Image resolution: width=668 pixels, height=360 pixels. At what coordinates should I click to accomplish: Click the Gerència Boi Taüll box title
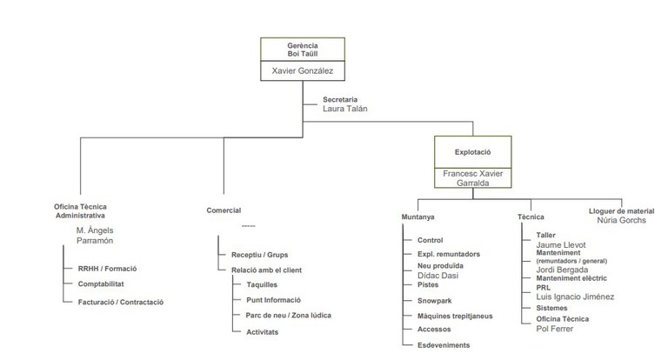click(303, 50)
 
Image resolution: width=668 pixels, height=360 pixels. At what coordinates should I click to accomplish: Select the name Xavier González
click(303, 70)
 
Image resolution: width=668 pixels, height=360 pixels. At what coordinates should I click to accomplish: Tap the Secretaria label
click(340, 99)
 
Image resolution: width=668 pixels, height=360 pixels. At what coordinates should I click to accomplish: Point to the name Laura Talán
click(344, 109)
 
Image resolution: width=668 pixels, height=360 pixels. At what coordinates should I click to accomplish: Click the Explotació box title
click(472, 152)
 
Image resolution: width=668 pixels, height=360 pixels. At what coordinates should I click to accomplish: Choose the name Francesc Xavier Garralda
click(473, 178)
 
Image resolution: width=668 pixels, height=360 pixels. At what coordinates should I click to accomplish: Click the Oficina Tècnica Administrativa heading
click(80, 211)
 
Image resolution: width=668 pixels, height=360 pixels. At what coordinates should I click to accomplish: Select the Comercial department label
click(224, 210)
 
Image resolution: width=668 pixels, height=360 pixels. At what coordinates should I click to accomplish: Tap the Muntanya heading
click(417, 217)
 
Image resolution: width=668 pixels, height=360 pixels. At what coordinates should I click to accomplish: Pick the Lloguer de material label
click(621, 211)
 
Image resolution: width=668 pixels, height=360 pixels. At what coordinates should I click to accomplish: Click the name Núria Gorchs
click(621, 220)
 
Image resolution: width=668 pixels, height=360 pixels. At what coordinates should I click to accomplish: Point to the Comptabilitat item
click(101, 283)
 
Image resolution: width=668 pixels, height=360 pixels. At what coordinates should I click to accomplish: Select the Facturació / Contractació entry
click(121, 302)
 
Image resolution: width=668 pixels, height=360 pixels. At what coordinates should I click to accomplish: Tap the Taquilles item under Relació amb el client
click(262, 284)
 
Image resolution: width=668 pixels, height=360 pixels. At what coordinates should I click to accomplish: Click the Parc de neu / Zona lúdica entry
click(289, 316)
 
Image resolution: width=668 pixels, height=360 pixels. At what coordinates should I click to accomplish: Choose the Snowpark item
click(435, 301)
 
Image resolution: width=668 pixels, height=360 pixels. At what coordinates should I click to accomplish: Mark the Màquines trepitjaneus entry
click(455, 317)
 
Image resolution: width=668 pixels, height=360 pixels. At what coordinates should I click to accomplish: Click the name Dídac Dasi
click(438, 276)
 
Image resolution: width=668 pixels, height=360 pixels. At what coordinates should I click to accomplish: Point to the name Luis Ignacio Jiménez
click(575, 297)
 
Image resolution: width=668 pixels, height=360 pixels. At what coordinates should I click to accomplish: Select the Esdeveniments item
click(444, 345)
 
